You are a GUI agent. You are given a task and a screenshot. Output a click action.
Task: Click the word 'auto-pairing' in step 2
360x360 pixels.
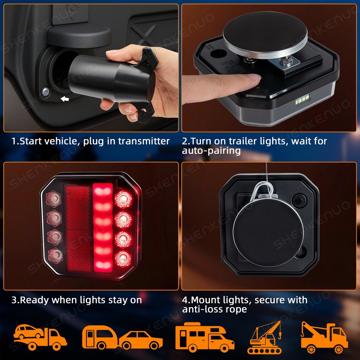(211, 150)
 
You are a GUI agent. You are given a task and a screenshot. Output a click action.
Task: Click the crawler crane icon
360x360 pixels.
(265, 338)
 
